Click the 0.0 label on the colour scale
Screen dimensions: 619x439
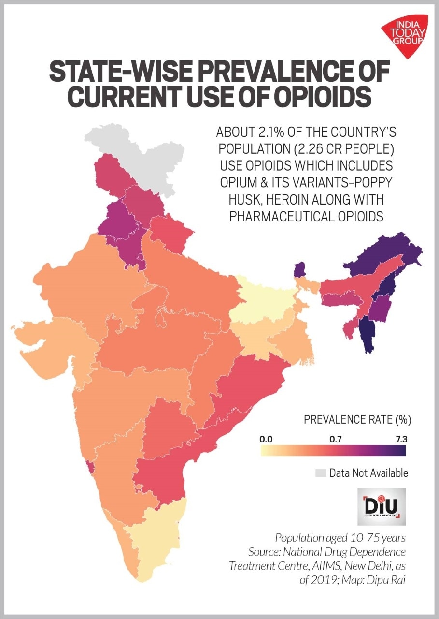pyautogui.click(x=267, y=440)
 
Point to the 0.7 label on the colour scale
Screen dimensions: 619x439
pyautogui.click(x=336, y=440)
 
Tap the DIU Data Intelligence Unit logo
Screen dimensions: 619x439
pyautogui.click(x=381, y=507)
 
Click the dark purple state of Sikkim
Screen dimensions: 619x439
pyautogui.click(x=300, y=268)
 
